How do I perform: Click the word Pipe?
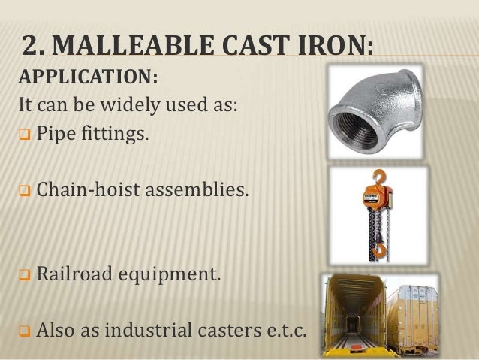click(55, 138)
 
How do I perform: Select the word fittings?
click(112, 138)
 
